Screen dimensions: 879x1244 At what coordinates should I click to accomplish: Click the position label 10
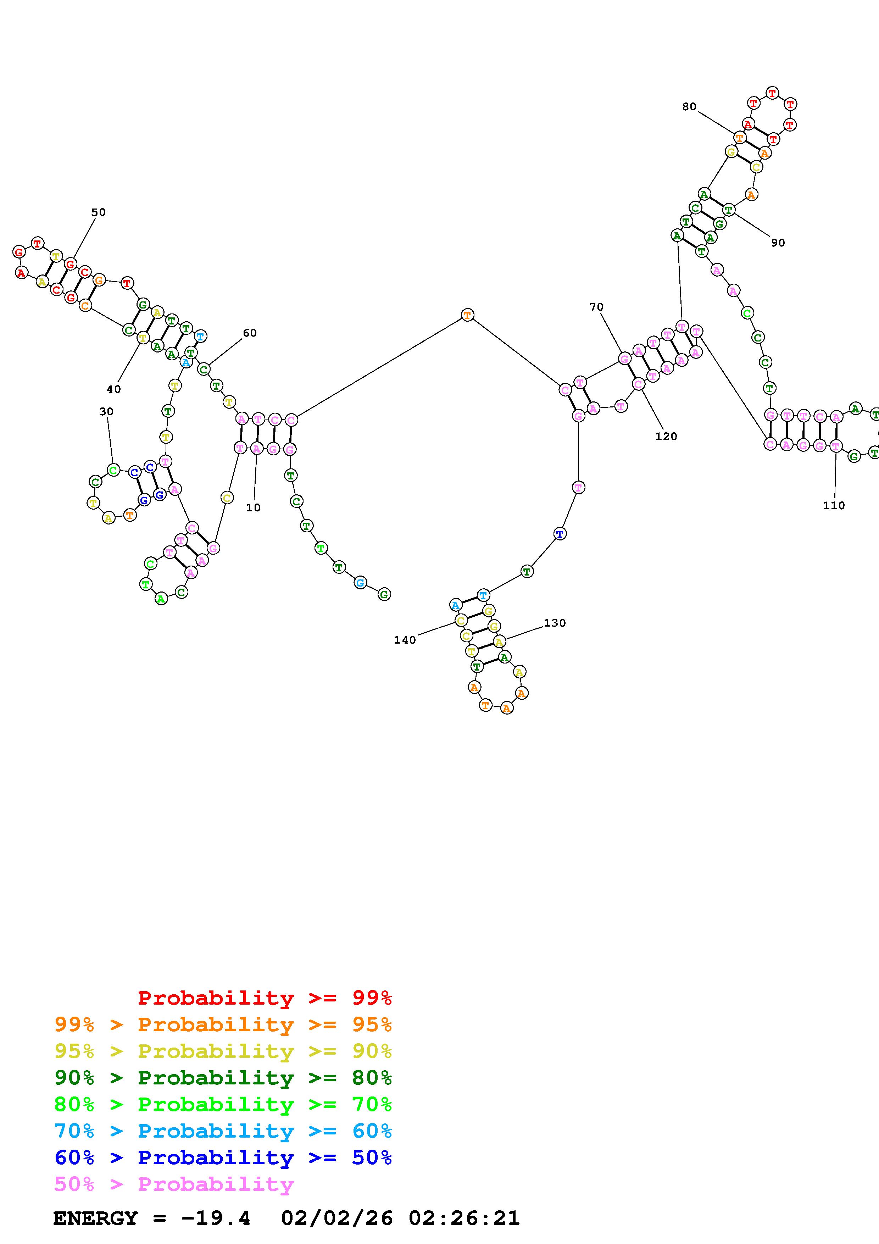[x=253, y=508]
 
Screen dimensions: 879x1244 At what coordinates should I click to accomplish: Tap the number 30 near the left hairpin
[x=106, y=412]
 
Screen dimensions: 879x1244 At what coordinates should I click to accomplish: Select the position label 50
[x=98, y=212]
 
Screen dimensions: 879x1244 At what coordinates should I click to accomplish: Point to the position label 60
[x=249, y=333]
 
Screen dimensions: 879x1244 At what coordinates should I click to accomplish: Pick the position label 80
[x=689, y=107]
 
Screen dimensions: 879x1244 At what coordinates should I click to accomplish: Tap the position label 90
[x=778, y=243]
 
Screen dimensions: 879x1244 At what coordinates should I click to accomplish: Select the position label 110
[x=834, y=506]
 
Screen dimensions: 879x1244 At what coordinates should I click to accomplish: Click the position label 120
[x=666, y=436]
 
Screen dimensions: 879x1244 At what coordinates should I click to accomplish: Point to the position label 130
[x=555, y=623]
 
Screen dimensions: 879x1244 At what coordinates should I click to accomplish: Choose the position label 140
[x=405, y=640]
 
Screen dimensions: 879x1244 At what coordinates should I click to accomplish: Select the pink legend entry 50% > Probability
[x=174, y=1184]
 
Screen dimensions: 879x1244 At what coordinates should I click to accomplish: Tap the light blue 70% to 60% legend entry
[x=223, y=1131]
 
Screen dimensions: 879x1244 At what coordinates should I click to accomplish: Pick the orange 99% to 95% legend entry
[x=223, y=1024]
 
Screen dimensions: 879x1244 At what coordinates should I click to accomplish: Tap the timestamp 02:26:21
[x=464, y=1218]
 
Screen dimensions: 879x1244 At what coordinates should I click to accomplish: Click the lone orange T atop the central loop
[x=467, y=315]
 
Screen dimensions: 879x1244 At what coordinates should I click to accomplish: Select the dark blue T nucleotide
[x=560, y=534]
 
